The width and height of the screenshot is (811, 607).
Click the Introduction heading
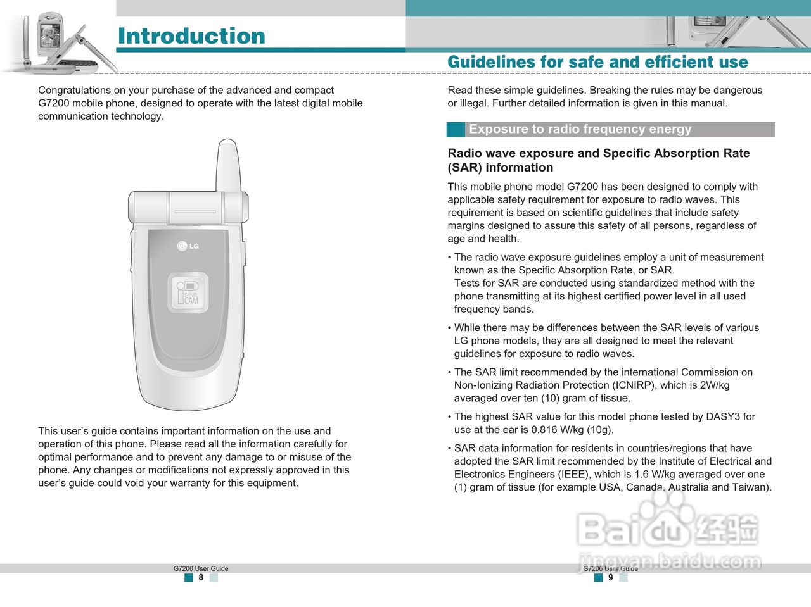191,36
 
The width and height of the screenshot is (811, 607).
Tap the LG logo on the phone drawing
188,246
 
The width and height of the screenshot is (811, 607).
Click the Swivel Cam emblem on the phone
188,293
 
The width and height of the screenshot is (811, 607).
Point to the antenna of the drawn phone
228,165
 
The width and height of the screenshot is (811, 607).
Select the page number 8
201,577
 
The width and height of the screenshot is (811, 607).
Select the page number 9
611,577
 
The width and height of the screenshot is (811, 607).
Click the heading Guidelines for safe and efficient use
598,61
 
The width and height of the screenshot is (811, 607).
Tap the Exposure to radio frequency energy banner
610,129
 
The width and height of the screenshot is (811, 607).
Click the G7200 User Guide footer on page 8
201,568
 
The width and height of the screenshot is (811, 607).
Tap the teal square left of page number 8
189,577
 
